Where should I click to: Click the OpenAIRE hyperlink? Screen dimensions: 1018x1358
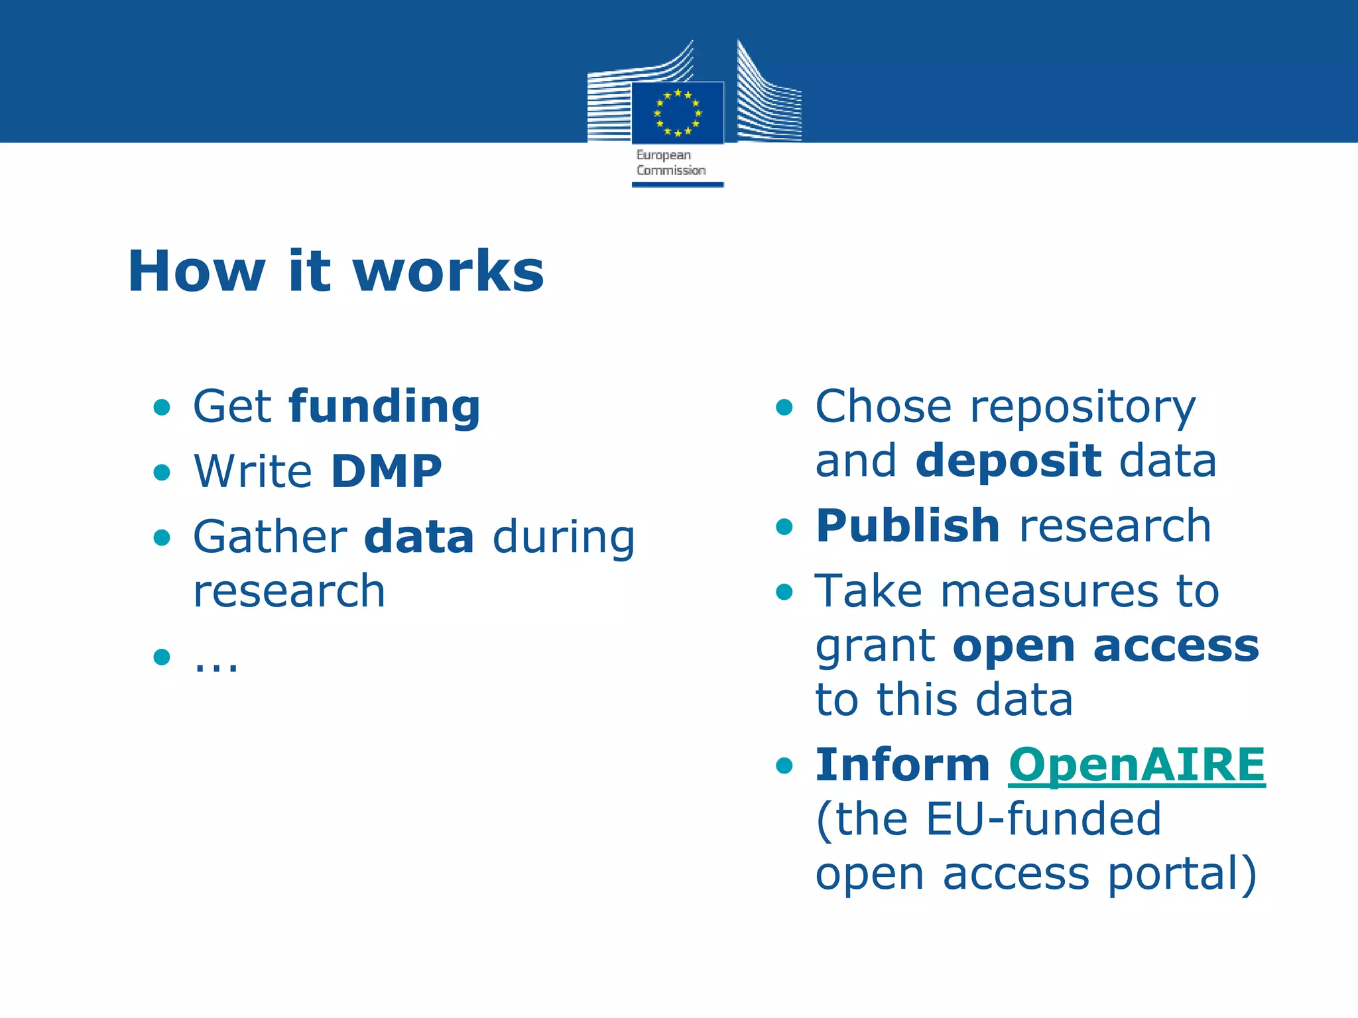pyautogui.click(x=1137, y=765)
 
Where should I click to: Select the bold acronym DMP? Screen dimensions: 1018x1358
pyautogui.click(x=387, y=471)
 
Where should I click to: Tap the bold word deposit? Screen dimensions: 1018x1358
pyautogui.click(x=1008, y=461)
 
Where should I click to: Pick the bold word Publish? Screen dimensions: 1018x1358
pyautogui.click(x=908, y=526)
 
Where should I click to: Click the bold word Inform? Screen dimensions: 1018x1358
pyautogui.click(x=902, y=765)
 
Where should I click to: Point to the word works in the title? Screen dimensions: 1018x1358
pyautogui.click(x=448, y=271)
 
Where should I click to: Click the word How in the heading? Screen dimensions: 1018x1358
pyautogui.click(x=196, y=271)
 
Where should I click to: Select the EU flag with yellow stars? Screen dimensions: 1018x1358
pyautogui.click(x=677, y=113)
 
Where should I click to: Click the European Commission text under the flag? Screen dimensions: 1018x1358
pyautogui.click(x=670, y=162)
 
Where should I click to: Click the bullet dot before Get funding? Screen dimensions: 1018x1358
pyautogui.click(x=162, y=407)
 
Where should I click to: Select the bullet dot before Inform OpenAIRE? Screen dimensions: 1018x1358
pyautogui.click(x=784, y=766)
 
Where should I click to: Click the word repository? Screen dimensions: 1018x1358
pyautogui.click(x=1083, y=407)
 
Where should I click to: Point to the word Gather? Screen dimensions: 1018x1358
pyautogui.click(x=270, y=537)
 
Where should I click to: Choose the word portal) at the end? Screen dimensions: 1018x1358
pyautogui.click(x=1182, y=874)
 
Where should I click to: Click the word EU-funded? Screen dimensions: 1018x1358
pyautogui.click(x=1043, y=819)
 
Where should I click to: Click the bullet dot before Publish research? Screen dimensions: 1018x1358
pyautogui.click(x=784, y=527)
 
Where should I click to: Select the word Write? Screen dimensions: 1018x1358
pyautogui.click(x=253, y=471)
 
